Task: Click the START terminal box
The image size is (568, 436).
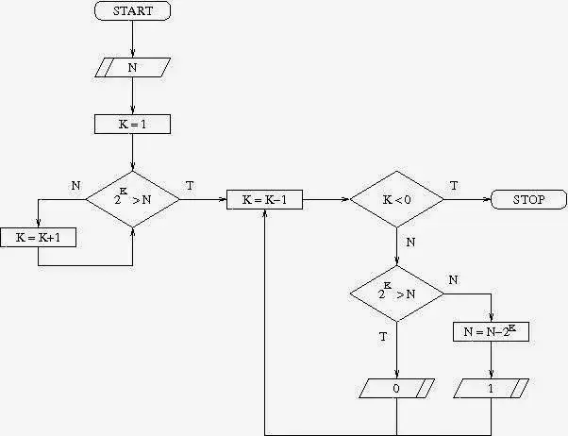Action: (x=132, y=11)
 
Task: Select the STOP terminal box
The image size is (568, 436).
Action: (x=528, y=199)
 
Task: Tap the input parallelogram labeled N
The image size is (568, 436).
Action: (x=132, y=67)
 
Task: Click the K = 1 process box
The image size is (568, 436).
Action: (x=132, y=124)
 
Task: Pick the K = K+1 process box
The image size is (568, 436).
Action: (x=38, y=237)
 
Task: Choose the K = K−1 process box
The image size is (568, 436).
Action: (x=264, y=199)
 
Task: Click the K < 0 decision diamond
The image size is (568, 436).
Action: (x=396, y=199)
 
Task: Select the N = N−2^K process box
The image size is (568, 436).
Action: (x=491, y=331)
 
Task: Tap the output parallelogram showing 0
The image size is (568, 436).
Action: (x=396, y=388)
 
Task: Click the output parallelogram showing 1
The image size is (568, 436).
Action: (x=491, y=388)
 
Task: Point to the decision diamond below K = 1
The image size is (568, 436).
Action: (x=132, y=199)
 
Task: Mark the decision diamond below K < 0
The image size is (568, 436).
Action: (x=396, y=293)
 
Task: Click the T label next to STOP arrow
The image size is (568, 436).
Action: (x=454, y=186)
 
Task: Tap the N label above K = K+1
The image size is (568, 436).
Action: (x=75, y=186)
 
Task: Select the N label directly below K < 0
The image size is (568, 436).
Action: (x=410, y=243)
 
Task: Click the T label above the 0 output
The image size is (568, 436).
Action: (x=382, y=337)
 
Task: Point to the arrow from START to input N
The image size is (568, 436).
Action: (x=132, y=39)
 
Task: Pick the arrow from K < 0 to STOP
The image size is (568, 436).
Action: (x=467, y=199)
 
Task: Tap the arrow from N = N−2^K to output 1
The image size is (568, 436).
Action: (x=491, y=360)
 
